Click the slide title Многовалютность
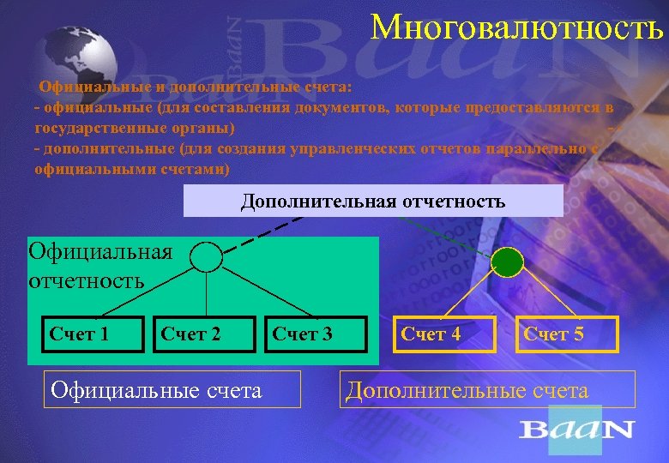517,27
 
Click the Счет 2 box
191,334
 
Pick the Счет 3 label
302,334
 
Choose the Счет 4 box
431,334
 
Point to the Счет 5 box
553,334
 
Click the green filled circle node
506,262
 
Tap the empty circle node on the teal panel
206,256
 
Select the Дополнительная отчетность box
373,201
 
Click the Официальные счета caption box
157,391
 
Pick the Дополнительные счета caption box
467,391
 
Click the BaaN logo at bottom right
576,430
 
